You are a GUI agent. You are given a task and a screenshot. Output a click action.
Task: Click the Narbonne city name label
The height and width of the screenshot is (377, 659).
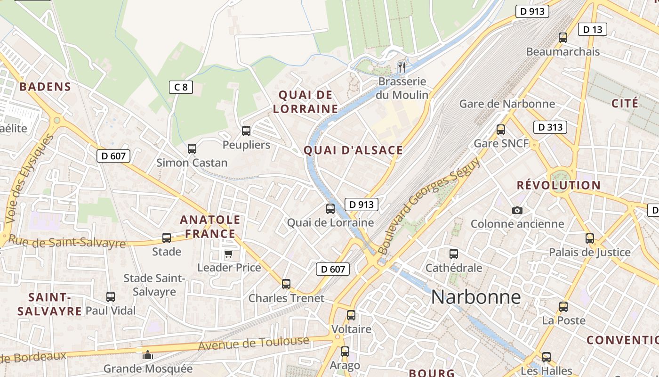tap(476, 297)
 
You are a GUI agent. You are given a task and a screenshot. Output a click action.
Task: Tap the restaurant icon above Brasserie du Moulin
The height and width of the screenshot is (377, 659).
tap(402, 67)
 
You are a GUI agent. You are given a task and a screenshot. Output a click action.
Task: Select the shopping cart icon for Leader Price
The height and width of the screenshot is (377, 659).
tap(228, 254)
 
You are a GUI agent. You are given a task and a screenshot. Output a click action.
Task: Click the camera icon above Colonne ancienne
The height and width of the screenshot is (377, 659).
tap(517, 210)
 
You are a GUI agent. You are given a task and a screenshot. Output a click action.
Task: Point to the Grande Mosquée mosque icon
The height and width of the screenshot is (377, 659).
tap(148, 355)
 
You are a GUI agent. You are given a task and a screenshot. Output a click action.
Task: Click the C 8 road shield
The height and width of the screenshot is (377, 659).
tap(181, 87)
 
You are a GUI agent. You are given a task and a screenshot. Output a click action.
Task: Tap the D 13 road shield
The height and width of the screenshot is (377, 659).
tap(592, 30)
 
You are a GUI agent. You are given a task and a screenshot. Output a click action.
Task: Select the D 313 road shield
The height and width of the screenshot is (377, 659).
tap(550, 127)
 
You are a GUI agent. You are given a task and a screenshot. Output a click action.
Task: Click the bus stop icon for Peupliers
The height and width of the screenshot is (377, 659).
tap(246, 131)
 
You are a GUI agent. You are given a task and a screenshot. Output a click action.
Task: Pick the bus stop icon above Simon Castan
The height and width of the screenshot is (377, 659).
tap(192, 149)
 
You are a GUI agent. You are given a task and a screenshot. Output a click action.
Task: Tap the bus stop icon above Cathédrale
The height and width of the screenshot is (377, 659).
tap(453, 254)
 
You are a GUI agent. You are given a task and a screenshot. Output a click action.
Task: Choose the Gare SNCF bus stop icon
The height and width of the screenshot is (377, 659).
tap(501, 130)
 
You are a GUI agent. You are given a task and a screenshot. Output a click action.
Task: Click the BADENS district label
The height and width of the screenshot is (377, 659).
tap(45, 87)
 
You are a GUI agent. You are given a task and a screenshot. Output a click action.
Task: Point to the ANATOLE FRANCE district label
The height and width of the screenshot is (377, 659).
tap(210, 227)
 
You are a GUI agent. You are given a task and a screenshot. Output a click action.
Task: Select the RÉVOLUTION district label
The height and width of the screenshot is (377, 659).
tap(559, 185)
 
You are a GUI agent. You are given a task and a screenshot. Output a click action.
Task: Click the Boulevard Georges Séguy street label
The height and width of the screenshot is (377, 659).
tap(429, 205)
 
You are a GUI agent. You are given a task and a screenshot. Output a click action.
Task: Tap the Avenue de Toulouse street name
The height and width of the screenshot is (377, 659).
tap(254, 344)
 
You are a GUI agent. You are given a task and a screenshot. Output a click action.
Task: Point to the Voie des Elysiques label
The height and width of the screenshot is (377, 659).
tap(29, 180)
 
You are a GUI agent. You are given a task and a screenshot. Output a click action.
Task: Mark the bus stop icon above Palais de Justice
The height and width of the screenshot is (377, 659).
tap(590, 238)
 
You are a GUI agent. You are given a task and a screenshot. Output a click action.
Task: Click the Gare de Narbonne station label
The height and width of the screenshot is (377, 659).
tap(507, 104)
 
